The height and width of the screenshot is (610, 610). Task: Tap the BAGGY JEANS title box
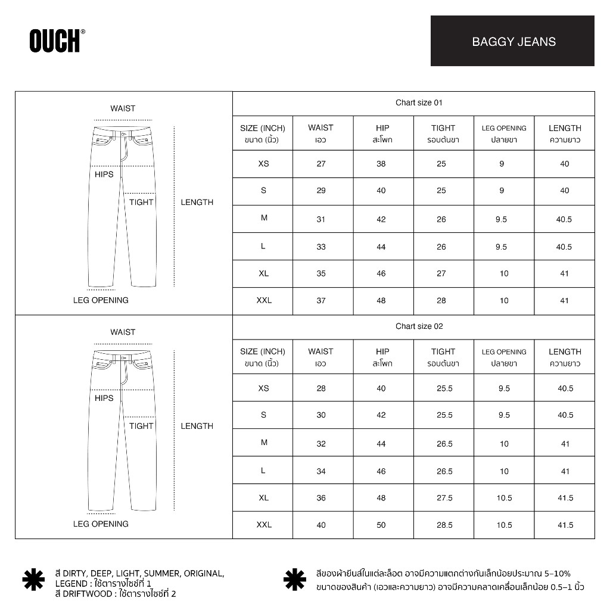pos(512,41)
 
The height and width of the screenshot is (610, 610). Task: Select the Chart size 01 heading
pos(419,103)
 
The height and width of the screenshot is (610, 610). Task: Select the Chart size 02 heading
pos(419,326)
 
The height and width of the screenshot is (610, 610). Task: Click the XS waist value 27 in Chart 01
pos(321,164)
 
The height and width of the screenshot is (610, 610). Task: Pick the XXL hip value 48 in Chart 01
pos(381,301)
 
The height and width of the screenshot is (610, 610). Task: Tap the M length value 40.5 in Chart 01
pos(564,219)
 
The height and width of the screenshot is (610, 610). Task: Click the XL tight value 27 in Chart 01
pos(441,274)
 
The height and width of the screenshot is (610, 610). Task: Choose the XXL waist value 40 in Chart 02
pos(321,525)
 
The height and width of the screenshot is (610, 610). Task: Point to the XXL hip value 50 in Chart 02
pos(381,525)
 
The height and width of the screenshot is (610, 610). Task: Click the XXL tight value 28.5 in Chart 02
pos(444,525)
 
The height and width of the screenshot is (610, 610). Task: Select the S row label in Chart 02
pos(263,415)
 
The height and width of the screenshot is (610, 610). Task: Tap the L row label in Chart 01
pos(263,247)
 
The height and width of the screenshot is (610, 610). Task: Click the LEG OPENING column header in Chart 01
pos(504,133)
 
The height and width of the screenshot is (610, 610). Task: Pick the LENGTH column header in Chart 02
pos(565,357)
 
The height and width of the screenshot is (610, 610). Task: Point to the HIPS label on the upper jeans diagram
pos(104,175)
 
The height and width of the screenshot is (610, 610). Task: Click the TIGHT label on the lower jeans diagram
pos(141,426)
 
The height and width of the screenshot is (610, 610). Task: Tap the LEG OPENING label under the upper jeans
pos(101,300)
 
